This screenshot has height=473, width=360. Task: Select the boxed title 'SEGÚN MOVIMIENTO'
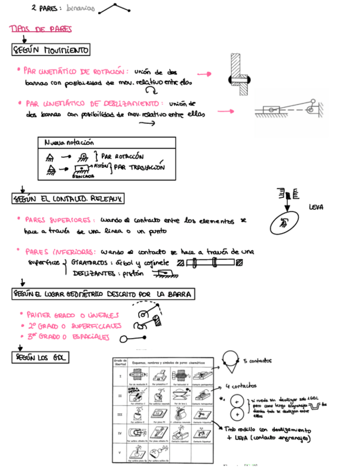[x=51, y=50]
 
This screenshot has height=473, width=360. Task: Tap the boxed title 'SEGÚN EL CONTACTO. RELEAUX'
[x=68, y=198]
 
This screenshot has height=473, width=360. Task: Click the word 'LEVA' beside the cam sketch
[x=316, y=207]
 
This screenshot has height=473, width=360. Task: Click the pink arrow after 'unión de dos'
[x=206, y=73]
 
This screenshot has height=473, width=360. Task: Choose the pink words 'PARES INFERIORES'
[x=55, y=251]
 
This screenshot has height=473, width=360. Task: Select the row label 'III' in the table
[x=120, y=414]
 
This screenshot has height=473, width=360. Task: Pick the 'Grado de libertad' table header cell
[x=120, y=363]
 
